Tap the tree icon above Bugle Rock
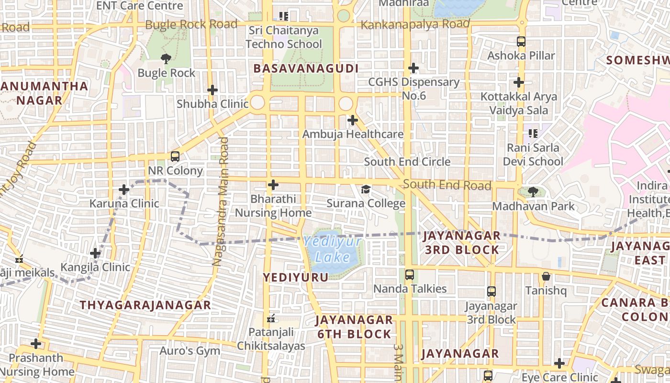coord(166,59)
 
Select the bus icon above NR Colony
coord(175,156)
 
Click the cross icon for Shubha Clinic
coord(212,90)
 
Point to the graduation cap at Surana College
coord(366,189)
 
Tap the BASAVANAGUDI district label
coord(306,68)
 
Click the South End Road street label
coord(447,185)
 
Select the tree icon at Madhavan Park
coord(533,192)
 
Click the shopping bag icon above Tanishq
coord(546,276)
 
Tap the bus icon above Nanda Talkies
coord(410,274)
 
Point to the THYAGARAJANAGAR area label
coord(145,305)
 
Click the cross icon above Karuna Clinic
coord(124,190)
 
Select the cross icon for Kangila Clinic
coord(95,253)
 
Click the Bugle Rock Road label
coord(191,24)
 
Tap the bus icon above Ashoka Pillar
coord(521,42)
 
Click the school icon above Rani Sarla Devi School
coord(533,133)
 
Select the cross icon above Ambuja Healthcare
coord(353,120)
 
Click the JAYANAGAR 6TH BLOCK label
coord(354,327)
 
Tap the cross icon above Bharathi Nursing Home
coord(273,185)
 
